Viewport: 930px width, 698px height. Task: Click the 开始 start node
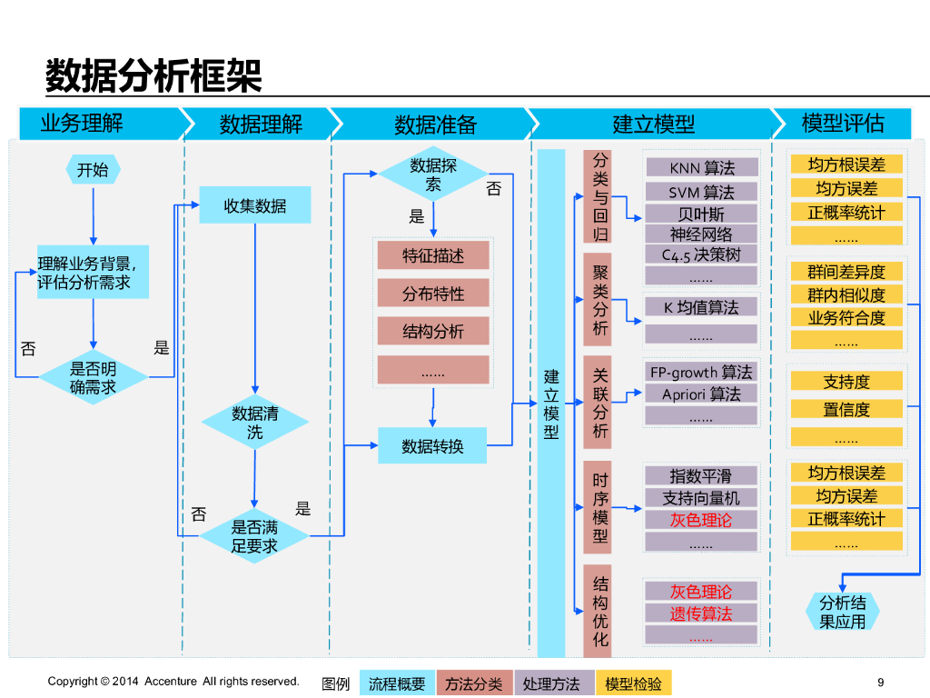coord(93,169)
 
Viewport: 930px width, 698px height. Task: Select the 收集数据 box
coord(255,205)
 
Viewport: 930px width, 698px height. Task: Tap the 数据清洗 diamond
coord(255,423)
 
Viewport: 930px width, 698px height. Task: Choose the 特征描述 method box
coord(433,255)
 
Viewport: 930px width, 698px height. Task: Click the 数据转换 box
coord(433,445)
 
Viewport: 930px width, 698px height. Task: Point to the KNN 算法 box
coord(701,168)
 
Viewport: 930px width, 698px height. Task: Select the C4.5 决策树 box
coord(701,255)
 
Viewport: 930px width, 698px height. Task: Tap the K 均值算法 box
coord(701,307)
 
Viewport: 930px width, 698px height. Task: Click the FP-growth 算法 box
coord(701,372)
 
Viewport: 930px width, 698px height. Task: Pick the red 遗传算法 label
coord(701,613)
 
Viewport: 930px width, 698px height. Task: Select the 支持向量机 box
coord(701,498)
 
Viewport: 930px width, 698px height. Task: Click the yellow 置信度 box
coord(846,410)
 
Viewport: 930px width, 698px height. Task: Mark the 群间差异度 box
coord(846,272)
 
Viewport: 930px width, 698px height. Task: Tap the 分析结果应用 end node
coord(842,612)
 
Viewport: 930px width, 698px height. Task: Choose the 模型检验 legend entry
coord(633,683)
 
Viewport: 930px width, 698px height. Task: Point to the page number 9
coord(880,682)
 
